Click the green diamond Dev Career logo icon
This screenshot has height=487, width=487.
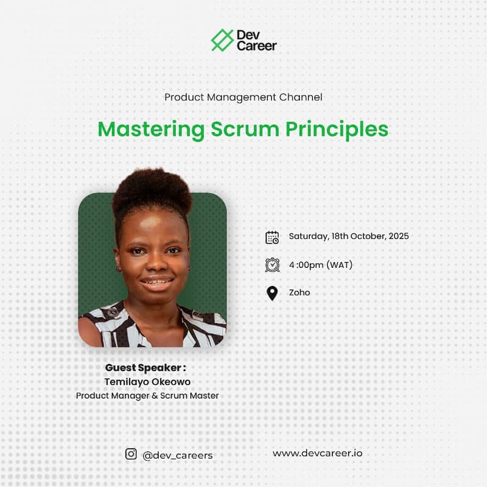click(222, 40)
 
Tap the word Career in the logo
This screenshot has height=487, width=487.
click(256, 46)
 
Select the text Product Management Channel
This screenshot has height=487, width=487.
click(243, 97)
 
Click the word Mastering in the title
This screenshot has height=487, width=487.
click(151, 130)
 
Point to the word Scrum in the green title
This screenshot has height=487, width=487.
click(245, 129)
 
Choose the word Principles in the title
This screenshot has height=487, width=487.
click(337, 130)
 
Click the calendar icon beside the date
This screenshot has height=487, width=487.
click(272, 237)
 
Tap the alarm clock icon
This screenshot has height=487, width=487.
click(272, 265)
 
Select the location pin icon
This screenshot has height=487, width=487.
click(272, 293)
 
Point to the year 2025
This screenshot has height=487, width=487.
click(399, 236)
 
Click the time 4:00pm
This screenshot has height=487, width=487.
click(306, 265)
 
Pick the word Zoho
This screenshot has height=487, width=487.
click(300, 293)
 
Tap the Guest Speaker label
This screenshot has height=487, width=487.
click(145, 368)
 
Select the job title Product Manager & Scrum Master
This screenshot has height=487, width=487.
click(147, 396)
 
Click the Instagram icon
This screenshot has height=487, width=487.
click(131, 454)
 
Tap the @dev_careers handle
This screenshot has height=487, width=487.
click(177, 455)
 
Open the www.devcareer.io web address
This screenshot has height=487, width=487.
click(317, 453)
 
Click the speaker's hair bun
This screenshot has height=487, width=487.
click(152, 190)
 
